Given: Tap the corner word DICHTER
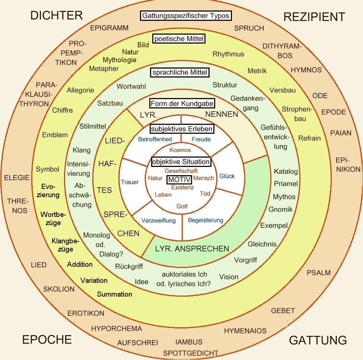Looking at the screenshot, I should [x=56, y=15].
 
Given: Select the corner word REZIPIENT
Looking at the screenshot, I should [x=314, y=17].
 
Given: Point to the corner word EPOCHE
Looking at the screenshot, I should [x=47, y=340].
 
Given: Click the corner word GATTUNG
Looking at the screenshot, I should [x=318, y=340].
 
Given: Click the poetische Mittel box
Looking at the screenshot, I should [x=179, y=38].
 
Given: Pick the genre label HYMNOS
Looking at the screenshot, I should [x=306, y=70].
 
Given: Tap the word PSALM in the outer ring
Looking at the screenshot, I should [x=319, y=272].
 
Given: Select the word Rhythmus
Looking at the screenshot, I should [x=228, y=54].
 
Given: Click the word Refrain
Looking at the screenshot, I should [x=309, y=138].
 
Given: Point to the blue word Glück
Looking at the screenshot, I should [x=227, y=176].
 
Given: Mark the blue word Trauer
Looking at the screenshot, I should [x=130, y=182].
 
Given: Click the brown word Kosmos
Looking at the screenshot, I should [x=180, y=150].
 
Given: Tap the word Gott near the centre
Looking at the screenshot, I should [x=182, y=206].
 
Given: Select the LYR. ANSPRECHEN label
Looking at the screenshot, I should [x=192, y=249].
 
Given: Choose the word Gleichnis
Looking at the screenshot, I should [x=262, y=244].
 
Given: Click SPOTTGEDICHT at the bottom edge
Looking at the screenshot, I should [x=190, y=353].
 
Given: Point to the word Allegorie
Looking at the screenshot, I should [x=80, y=90].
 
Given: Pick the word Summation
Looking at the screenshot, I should [x=114, y=294].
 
